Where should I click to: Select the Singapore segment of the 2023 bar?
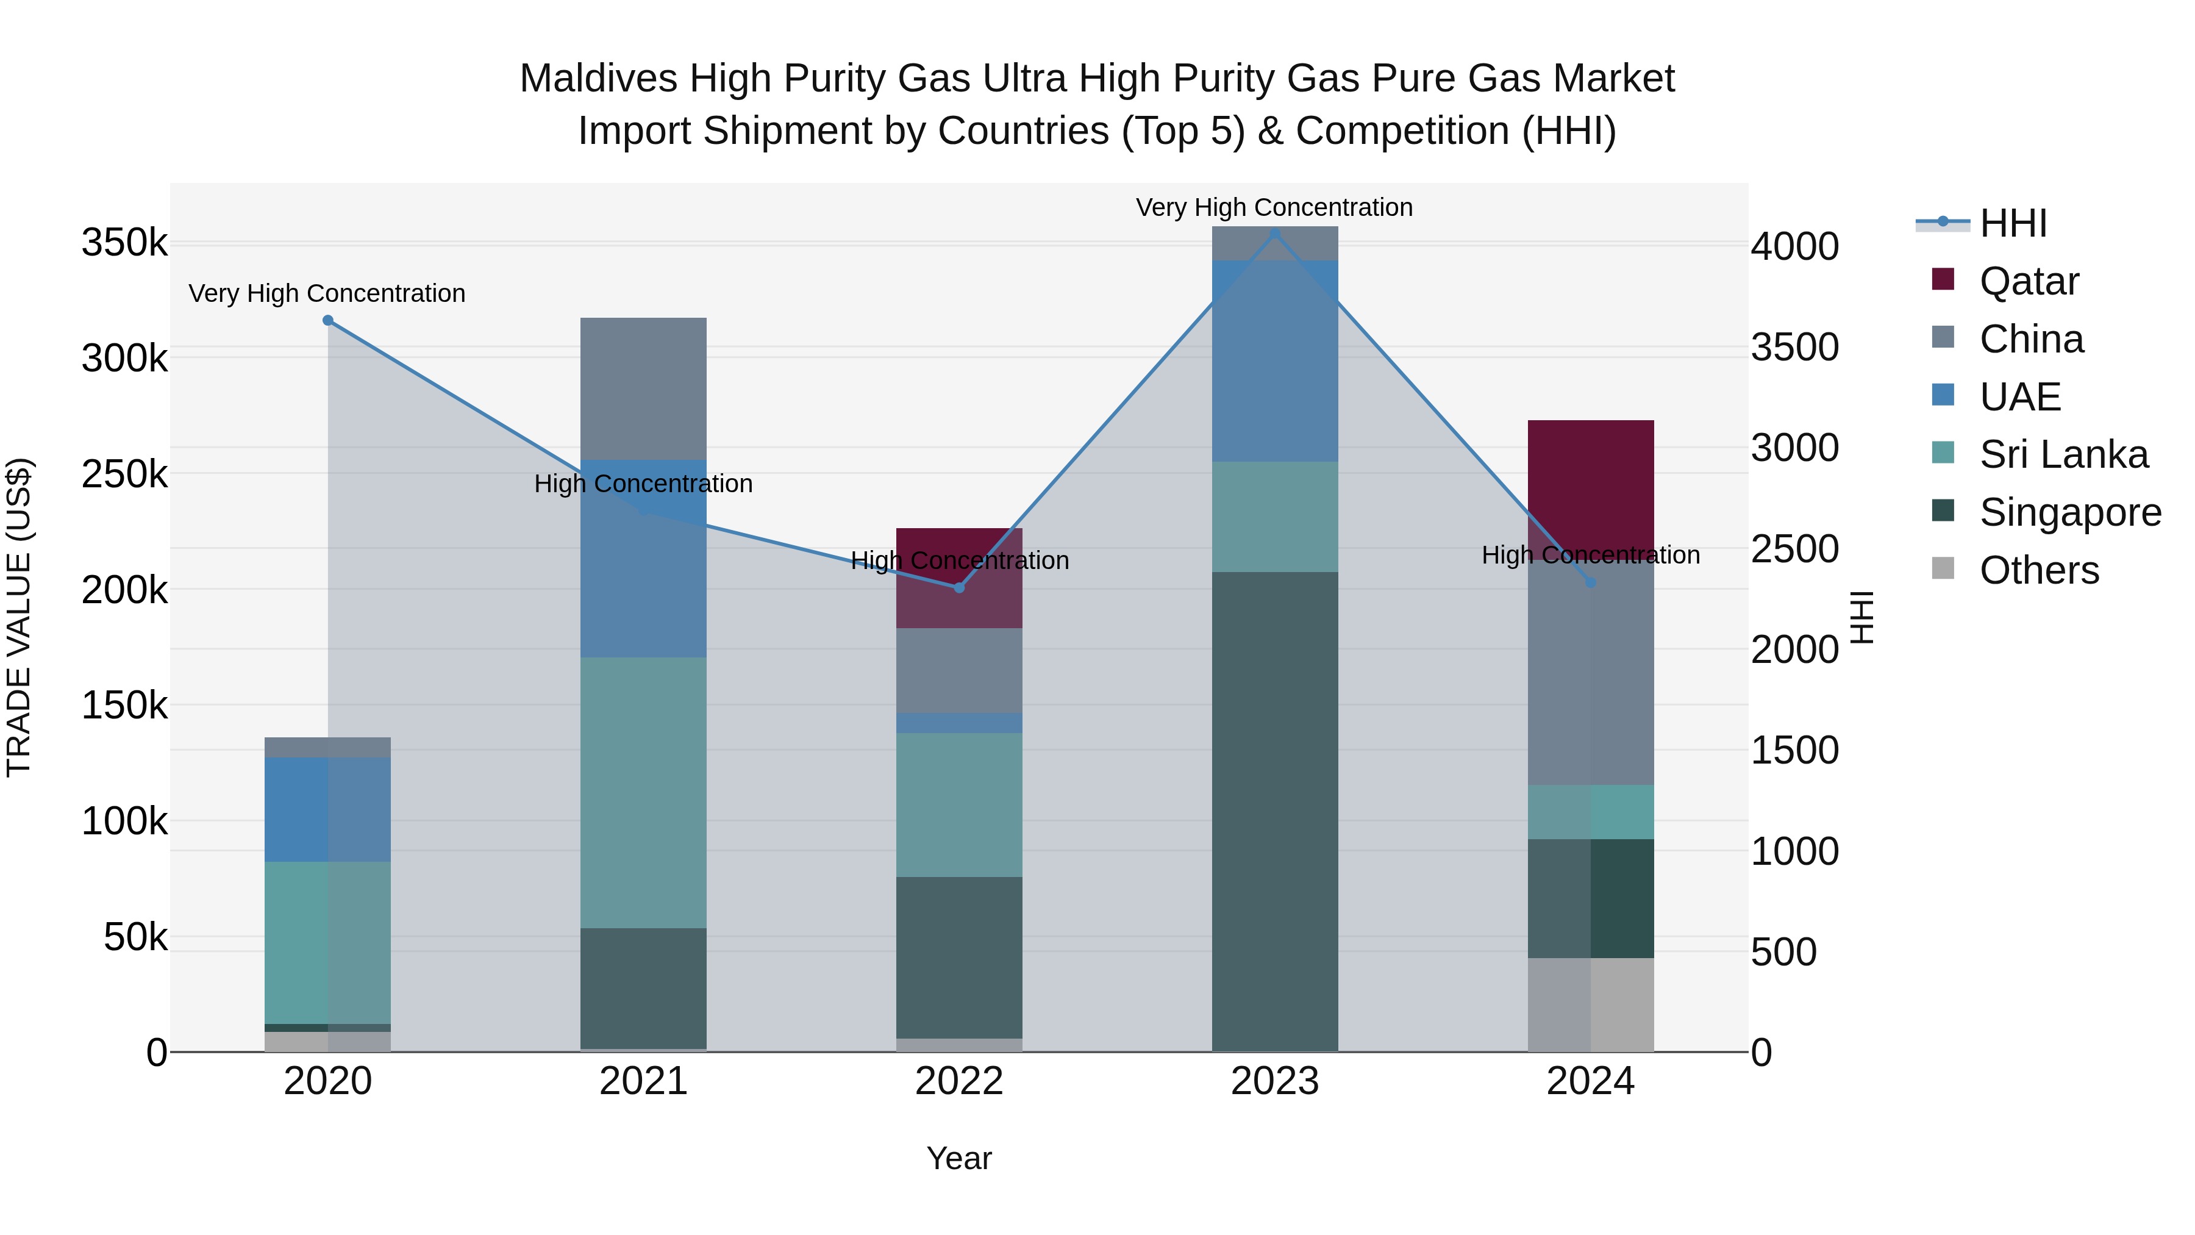tap(1275, 810)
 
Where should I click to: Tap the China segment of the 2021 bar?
tap(643, 388)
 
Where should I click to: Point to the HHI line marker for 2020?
tap(328, 320)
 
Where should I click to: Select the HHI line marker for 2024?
tap(1590, 582)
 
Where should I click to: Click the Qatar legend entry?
tap(2028, 281)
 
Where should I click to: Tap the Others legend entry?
tap(2038, 570)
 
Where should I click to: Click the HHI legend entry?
tap(2013, 223)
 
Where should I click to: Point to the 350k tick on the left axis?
tap(124, 243)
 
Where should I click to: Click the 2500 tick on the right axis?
tap(1794, 549)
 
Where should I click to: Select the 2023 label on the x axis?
tap(1275, 1081)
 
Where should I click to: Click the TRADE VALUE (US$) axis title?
tap(19, 617)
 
